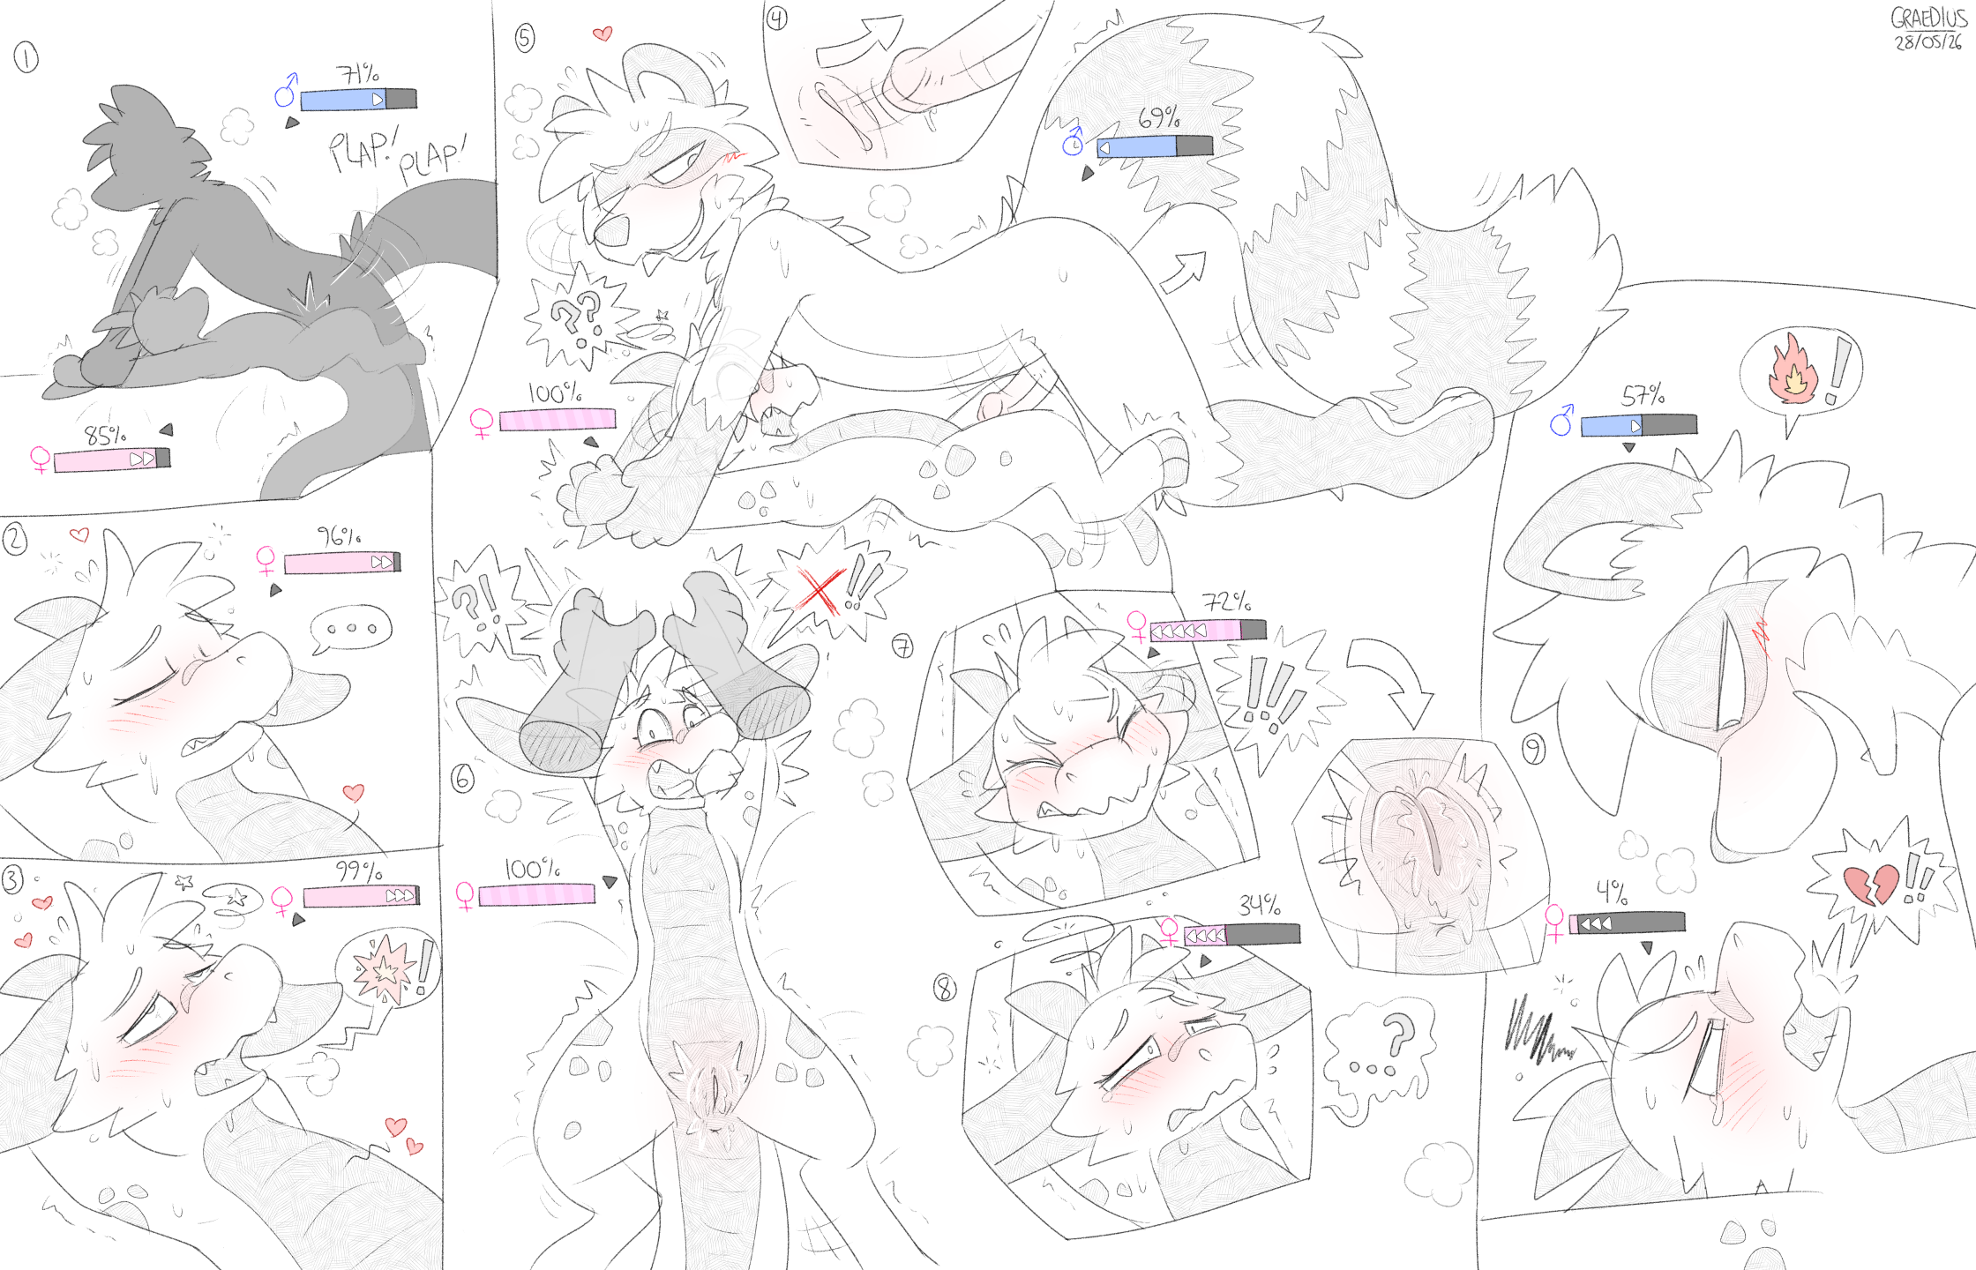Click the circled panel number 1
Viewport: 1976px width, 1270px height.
[x=26, y=58]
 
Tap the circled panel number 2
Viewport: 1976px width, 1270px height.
[x=15, y=539]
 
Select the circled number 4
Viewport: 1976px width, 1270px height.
[x=776, y=19]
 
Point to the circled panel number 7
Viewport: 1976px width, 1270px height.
[x=902, y=646]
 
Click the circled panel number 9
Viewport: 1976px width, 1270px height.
[x=1534, y=750]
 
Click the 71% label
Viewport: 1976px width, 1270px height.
[x=357, y=74]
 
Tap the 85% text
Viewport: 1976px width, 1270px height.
[x=105, y=435]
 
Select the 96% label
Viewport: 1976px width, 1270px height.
[x=339, y=536]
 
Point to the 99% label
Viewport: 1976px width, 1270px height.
[x=359, y=871]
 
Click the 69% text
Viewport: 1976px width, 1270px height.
[x=1158, y=117]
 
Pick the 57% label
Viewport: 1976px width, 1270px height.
[x=1643, y=395]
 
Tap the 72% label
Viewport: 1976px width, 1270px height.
[x=1227, y=602]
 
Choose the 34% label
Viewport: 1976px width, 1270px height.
[x=1259, y=905]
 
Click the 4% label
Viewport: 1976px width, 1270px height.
[x=1612, y=893]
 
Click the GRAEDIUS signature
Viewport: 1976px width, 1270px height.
[x=1929, y=18]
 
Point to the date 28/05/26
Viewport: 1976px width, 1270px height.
[x=1928, y=41]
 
